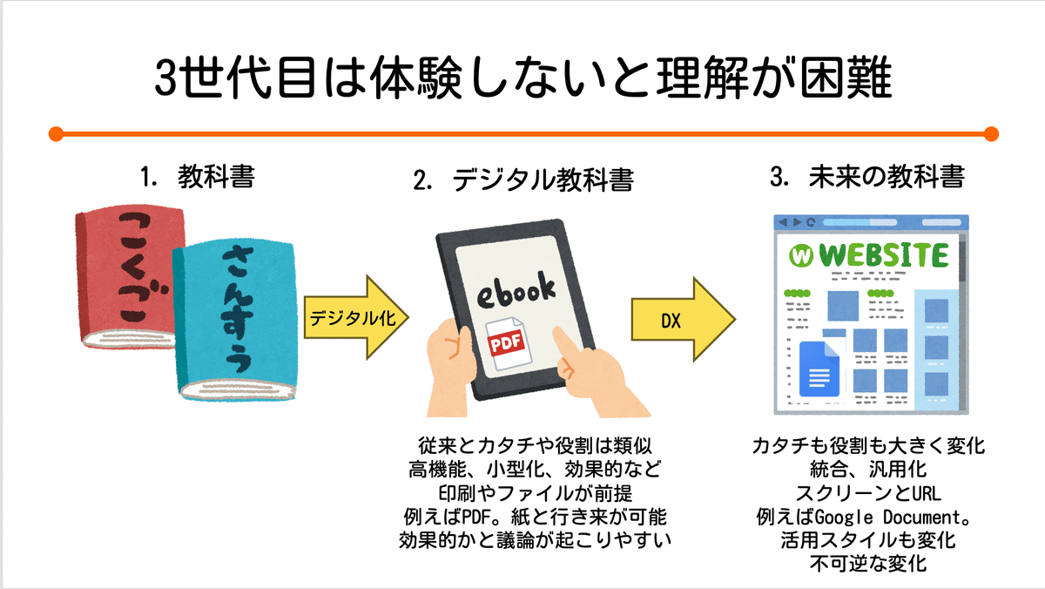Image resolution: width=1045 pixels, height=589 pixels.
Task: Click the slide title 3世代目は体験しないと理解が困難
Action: (x=522, y=79)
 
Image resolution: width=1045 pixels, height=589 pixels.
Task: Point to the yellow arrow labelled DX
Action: (x=683, y=319)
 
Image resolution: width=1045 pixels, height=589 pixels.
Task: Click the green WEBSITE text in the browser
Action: (x=884, y=255)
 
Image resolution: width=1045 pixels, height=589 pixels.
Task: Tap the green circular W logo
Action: (x=799, y=256)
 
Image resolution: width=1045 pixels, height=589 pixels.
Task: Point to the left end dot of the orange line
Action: (x=56, y=134)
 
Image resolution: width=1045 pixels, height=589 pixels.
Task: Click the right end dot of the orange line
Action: (x=989, y=134)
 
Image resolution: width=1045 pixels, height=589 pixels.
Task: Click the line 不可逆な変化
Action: (x=867, y=563)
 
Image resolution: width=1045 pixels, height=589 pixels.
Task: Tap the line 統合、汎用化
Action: (x=867, y=469)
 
